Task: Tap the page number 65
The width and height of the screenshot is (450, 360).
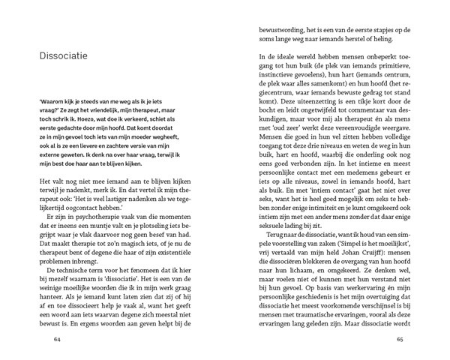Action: [x=400, y=338]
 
